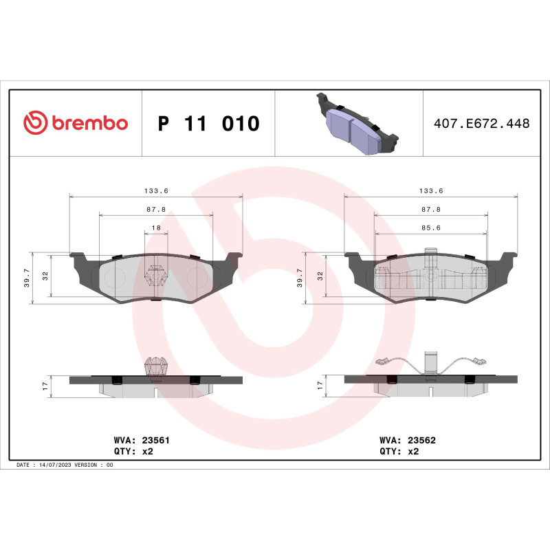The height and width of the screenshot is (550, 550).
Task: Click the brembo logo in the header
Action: point(76,123)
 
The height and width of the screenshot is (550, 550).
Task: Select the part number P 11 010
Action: point(208,124)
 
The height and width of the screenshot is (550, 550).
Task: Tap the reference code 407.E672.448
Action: point(481,124)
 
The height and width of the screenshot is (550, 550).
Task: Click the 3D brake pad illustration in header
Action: point(355,124)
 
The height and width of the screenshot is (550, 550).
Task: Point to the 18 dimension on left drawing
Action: point(156,228)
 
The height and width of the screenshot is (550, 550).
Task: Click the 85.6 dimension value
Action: point(431,228)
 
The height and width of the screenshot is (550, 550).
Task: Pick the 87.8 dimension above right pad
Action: point(431,209)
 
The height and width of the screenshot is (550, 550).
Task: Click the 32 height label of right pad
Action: point(320,275)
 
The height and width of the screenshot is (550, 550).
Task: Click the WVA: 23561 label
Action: point(136,439)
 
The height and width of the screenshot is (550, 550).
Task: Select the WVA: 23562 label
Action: point(408,439)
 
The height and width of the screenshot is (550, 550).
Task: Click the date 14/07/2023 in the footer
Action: point(55,465)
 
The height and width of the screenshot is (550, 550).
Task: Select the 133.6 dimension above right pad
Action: point(431,191)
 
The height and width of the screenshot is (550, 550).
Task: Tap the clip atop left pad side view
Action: point(156,365)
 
